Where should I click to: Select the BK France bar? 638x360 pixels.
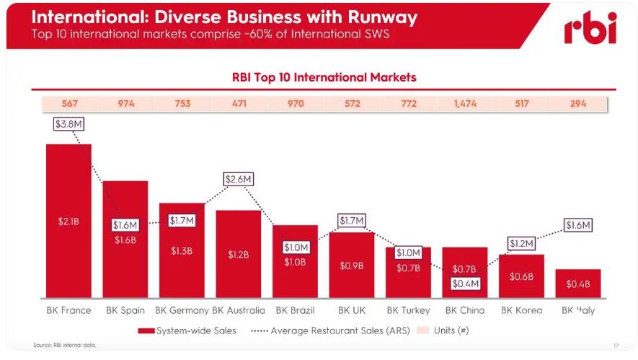click(x=68, y=220)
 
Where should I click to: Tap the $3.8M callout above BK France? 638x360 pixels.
click(x=69, y=124)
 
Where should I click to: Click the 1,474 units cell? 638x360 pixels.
click(x=464, y=104)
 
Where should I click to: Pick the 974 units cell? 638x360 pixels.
click(x=125, y=104)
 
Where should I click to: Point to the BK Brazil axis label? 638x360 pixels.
click(x=295, y=310)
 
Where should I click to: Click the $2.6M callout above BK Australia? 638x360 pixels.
click(x=239, y=178)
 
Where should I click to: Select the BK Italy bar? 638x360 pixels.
click(x=577, y=283)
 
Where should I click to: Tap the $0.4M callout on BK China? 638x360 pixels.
click(x=465, y=283)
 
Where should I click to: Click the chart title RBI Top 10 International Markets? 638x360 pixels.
click(x=323, y=76)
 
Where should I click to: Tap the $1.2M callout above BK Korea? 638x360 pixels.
click(x=521, y=243)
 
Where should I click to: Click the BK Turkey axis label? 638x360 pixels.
click(x=408, y=310)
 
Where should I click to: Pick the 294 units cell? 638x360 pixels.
click(x=577, y=104)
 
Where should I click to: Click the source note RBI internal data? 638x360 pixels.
click(x=65, y=345)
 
